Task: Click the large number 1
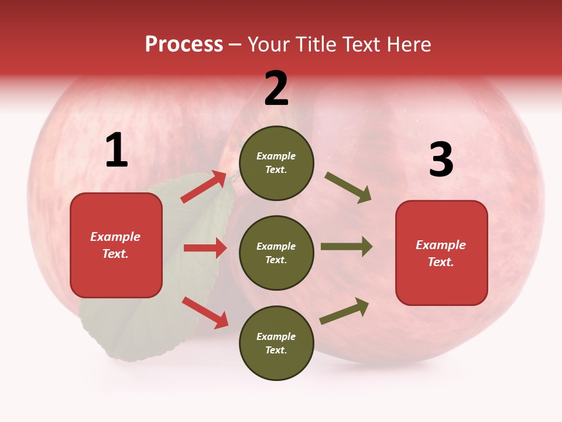pyautogui.click(x=116, y=151)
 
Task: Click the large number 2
pyautogui.click(x=276, y=89)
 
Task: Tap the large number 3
pyautogui.click(x=441, y=159)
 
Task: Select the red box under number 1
pyautogui.click(x=116, y=245)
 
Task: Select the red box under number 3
pyautogui.click(x=441, y=253)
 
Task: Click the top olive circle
pyautogui.click(x=276, y=163)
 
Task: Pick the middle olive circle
pyautogui.click(x=276, y=253)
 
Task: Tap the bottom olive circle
pyautogui.click(x=276, y=343)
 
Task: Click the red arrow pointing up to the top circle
pyautogui.click(x=204, y=186)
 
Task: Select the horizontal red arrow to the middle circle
pyautogui.click(x=205, y=248)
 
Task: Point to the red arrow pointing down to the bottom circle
pyautogui.click(x=205, y=312)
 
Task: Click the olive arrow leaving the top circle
pyautogui.click(x=348, y=188)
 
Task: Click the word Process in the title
pyautogui.click(x=184, y=44)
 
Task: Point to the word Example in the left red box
pyautogui.click(x=115, y=237)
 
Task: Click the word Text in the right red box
pyautogui.click(x=440, y=262)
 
